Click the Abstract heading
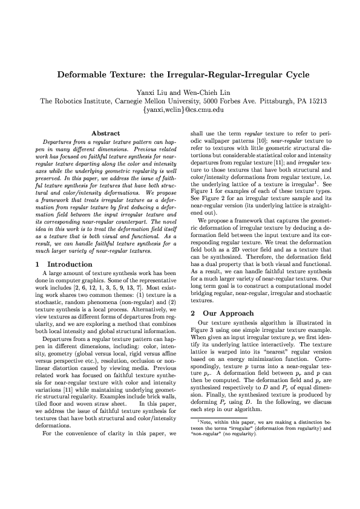pos(105,133)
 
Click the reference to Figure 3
pos(203,332)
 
